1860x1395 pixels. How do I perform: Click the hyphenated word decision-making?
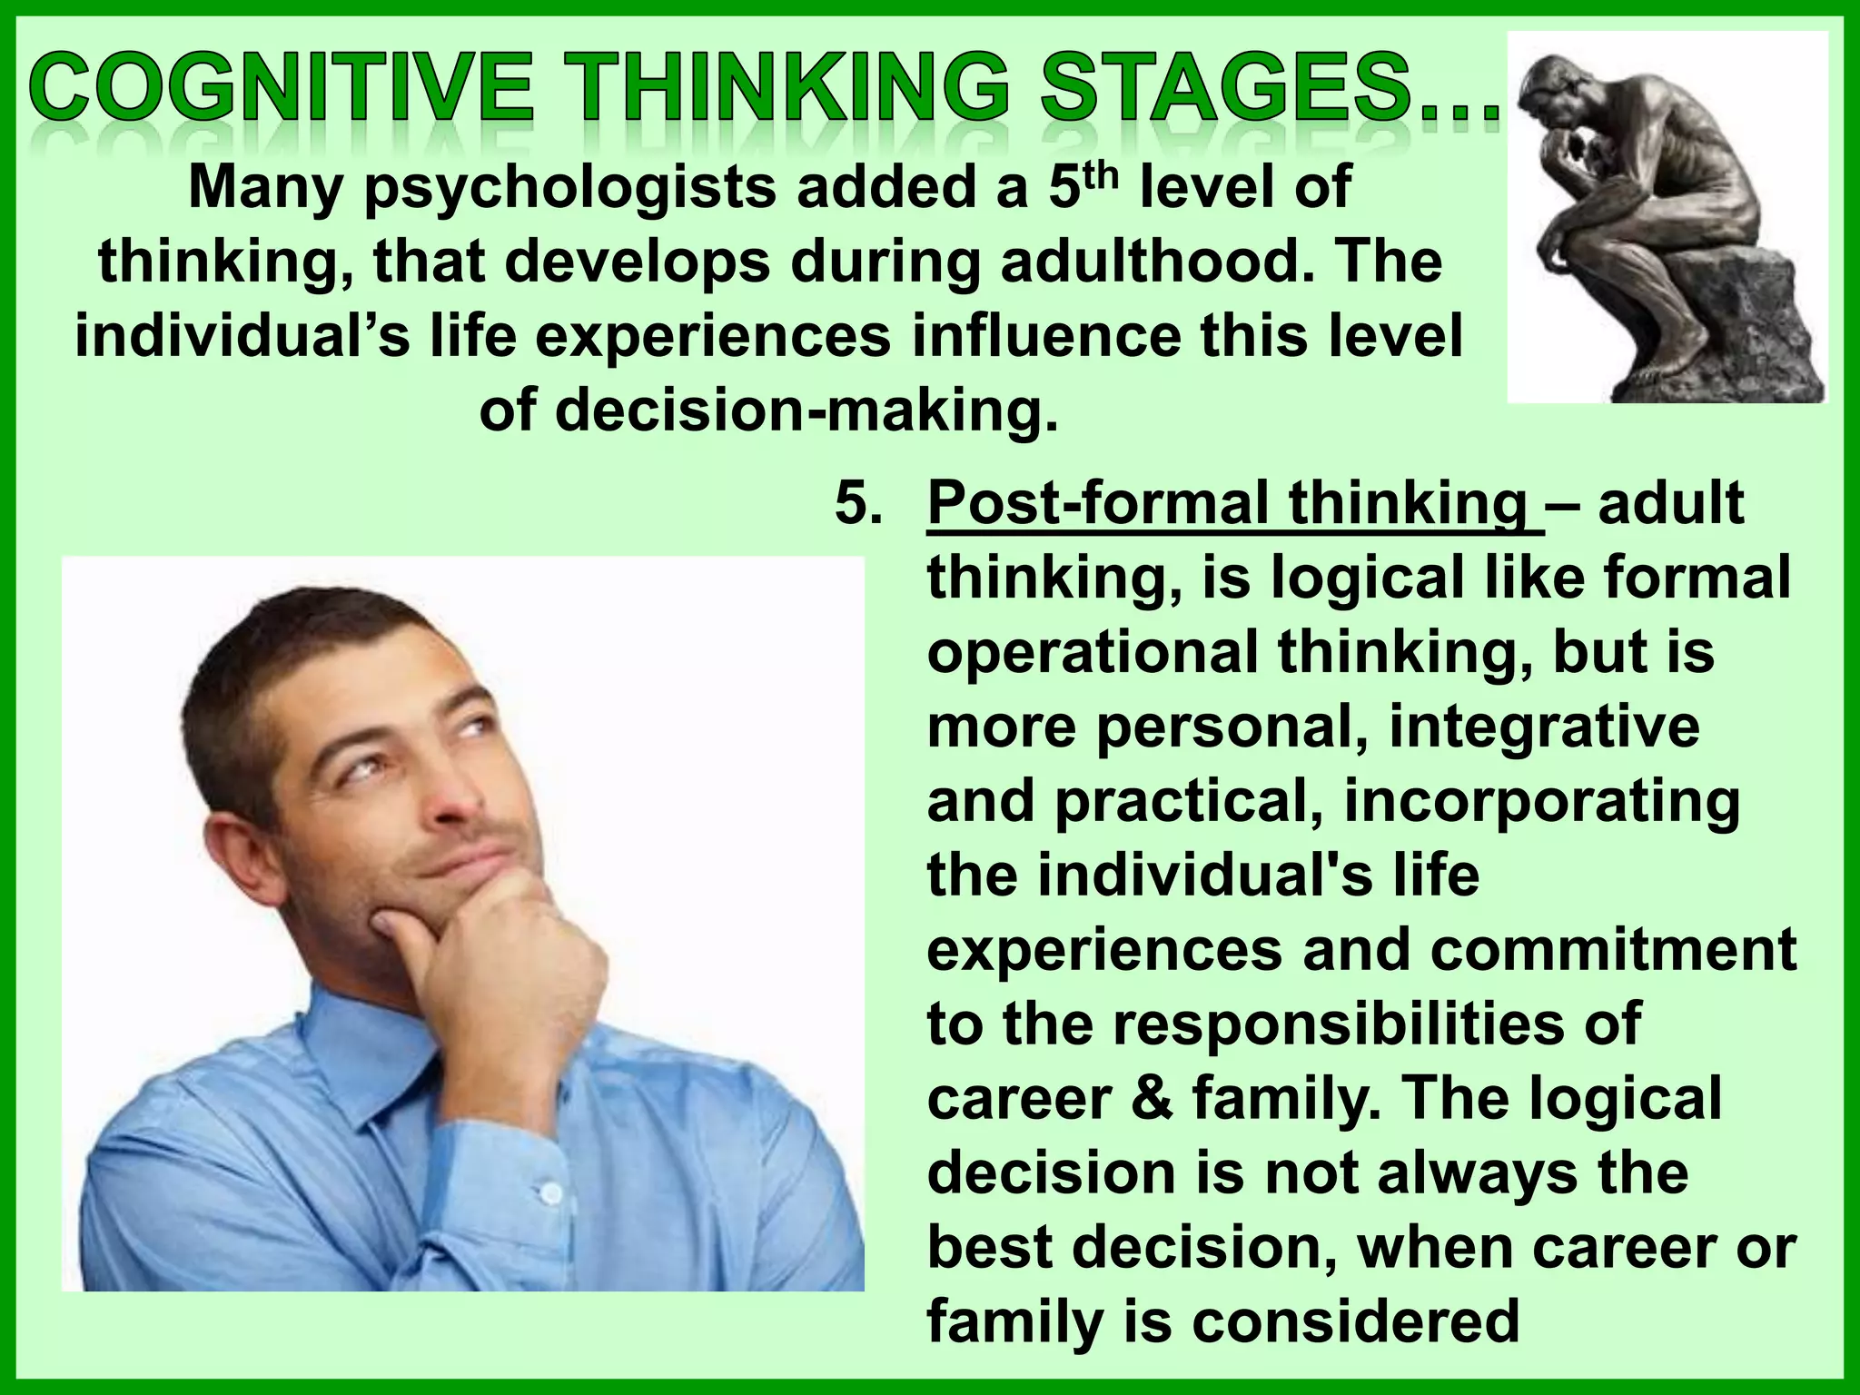768,411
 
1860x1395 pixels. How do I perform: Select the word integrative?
1544,727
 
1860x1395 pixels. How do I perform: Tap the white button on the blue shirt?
549,1191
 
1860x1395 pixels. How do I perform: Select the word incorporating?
1541,801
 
